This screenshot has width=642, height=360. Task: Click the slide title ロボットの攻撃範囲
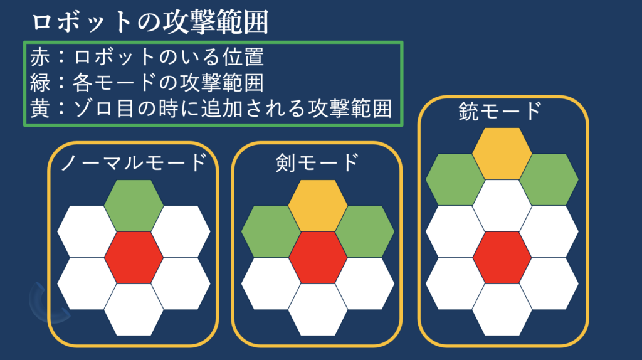150,22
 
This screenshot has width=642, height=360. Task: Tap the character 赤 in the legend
39,56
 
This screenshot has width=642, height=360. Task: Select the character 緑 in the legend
39,82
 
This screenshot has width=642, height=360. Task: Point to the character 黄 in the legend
39,109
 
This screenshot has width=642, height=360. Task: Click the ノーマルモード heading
134,162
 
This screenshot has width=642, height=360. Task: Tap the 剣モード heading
317,162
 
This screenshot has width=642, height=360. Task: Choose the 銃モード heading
500,111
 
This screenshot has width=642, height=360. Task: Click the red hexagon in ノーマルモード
134,258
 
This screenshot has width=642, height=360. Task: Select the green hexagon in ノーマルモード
134,206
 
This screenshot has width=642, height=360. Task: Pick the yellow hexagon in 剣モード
318,206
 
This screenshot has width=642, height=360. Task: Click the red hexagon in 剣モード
318,258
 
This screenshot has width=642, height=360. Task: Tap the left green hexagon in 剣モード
271,231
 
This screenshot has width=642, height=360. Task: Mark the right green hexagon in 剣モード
365,231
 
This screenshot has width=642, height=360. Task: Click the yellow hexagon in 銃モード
502,154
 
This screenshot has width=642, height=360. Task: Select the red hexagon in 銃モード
502,258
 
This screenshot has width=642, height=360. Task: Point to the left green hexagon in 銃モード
455,179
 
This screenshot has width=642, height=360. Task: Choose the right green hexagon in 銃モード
549,179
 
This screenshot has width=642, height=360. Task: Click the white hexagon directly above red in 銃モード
502,206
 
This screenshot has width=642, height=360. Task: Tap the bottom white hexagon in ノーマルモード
134,310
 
